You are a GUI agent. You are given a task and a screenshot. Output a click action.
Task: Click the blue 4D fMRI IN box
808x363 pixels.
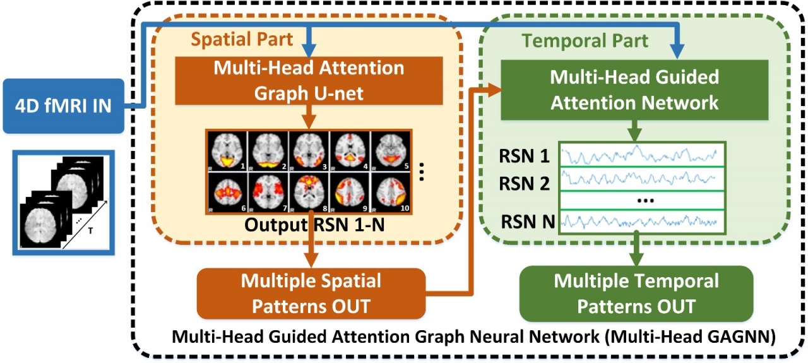coord(62,105)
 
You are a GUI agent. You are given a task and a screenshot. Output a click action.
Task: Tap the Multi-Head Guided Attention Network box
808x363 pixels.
coord(634,89)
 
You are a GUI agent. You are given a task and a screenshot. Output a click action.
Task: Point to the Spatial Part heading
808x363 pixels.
coord(242,39)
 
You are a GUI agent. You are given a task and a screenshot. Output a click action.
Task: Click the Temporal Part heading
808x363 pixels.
coord(585,42)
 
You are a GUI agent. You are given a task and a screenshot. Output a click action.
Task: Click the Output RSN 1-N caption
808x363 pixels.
coord(309,225)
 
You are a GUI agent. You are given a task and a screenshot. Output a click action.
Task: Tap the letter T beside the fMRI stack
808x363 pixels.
coord(90,231)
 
